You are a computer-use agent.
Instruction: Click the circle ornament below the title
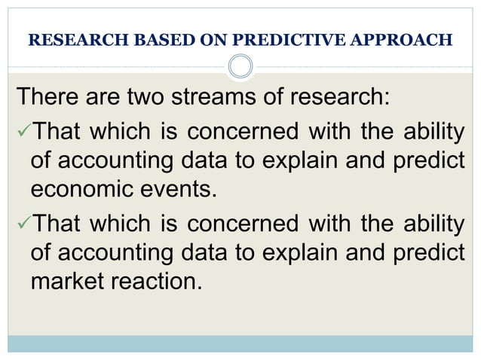[240, 67]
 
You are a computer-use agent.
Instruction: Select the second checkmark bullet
[22, 225]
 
